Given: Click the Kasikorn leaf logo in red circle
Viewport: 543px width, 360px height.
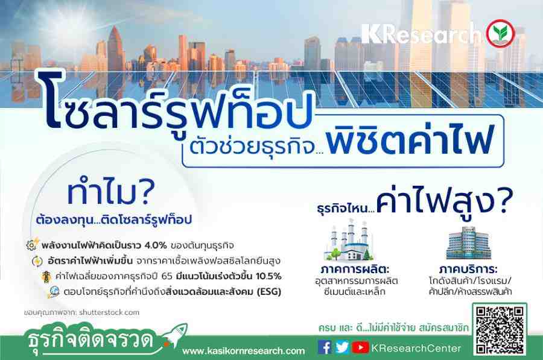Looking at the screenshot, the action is [x=501, y=34].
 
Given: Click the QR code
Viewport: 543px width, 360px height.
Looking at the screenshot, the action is [x=500, y=330].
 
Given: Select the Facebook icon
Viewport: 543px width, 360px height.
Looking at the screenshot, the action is [x=325, y=347].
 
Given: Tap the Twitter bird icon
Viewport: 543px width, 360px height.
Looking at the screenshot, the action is [x=342, y=347].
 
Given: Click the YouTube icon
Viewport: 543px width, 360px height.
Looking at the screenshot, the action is [x=360, y=347].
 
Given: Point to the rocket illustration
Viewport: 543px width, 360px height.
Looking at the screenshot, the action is [x=175, y=335].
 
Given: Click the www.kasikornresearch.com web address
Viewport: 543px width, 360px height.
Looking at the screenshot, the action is [x=244, y=351].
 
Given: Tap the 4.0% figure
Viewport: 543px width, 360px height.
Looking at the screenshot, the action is [x=156, y=245].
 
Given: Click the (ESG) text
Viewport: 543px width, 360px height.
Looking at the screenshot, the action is [x=269, y=291].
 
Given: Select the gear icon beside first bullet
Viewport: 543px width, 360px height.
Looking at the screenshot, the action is [x=33, y=244].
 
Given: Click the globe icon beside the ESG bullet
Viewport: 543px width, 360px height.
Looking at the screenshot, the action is [x=54, y=292].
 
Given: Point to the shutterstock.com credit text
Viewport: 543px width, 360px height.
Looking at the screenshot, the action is [x=109, y=312].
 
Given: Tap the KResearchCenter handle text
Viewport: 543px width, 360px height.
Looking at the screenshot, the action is [x=416, y=348].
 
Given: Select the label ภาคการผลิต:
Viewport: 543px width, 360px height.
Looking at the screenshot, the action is [x=355, y=269].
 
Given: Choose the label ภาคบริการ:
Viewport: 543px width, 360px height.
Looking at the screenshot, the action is [x=468, y=269].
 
